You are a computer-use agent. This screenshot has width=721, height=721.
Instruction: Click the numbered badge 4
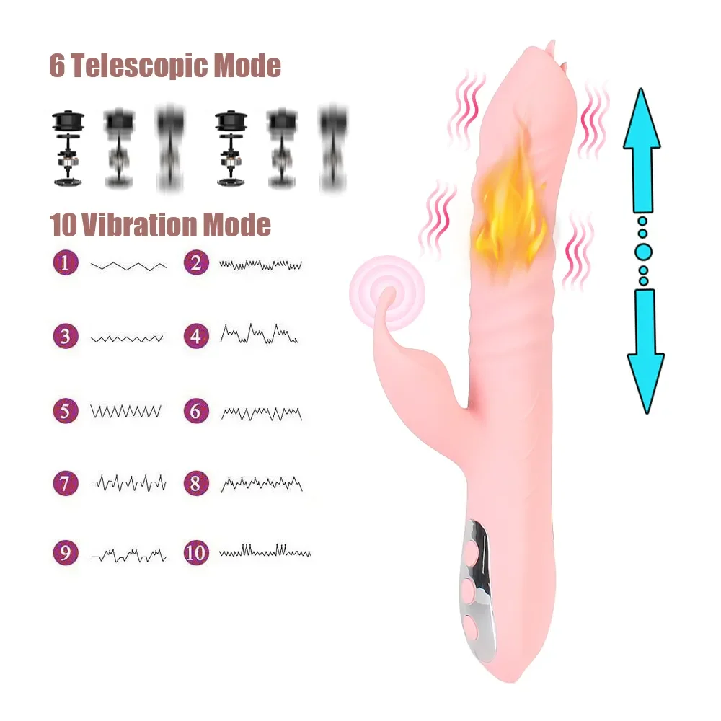pyautogui.click(x=195, y=335)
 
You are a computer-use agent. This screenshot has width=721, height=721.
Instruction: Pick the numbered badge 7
pyautogui.click(x=66, y=482)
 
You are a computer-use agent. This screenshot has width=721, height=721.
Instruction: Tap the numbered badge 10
pyautogui.click(x=195, y=553)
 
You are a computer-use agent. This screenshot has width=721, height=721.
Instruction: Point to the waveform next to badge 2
pyautogui.click(x=260, y=265)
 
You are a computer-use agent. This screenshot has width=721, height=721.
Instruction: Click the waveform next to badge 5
pyautogui.click(x=126, y=412)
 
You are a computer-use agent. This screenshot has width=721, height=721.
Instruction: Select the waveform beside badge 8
pyautogui.click(x=261, y=483)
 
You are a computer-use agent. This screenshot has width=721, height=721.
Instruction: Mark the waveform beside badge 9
pyautogui.click(x=128, y=554)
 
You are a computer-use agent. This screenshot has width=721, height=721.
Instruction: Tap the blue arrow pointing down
pyautogui.click(x=645, y=350)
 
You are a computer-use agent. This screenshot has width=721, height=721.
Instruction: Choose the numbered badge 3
pyautogui.click(x=66, y=336)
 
